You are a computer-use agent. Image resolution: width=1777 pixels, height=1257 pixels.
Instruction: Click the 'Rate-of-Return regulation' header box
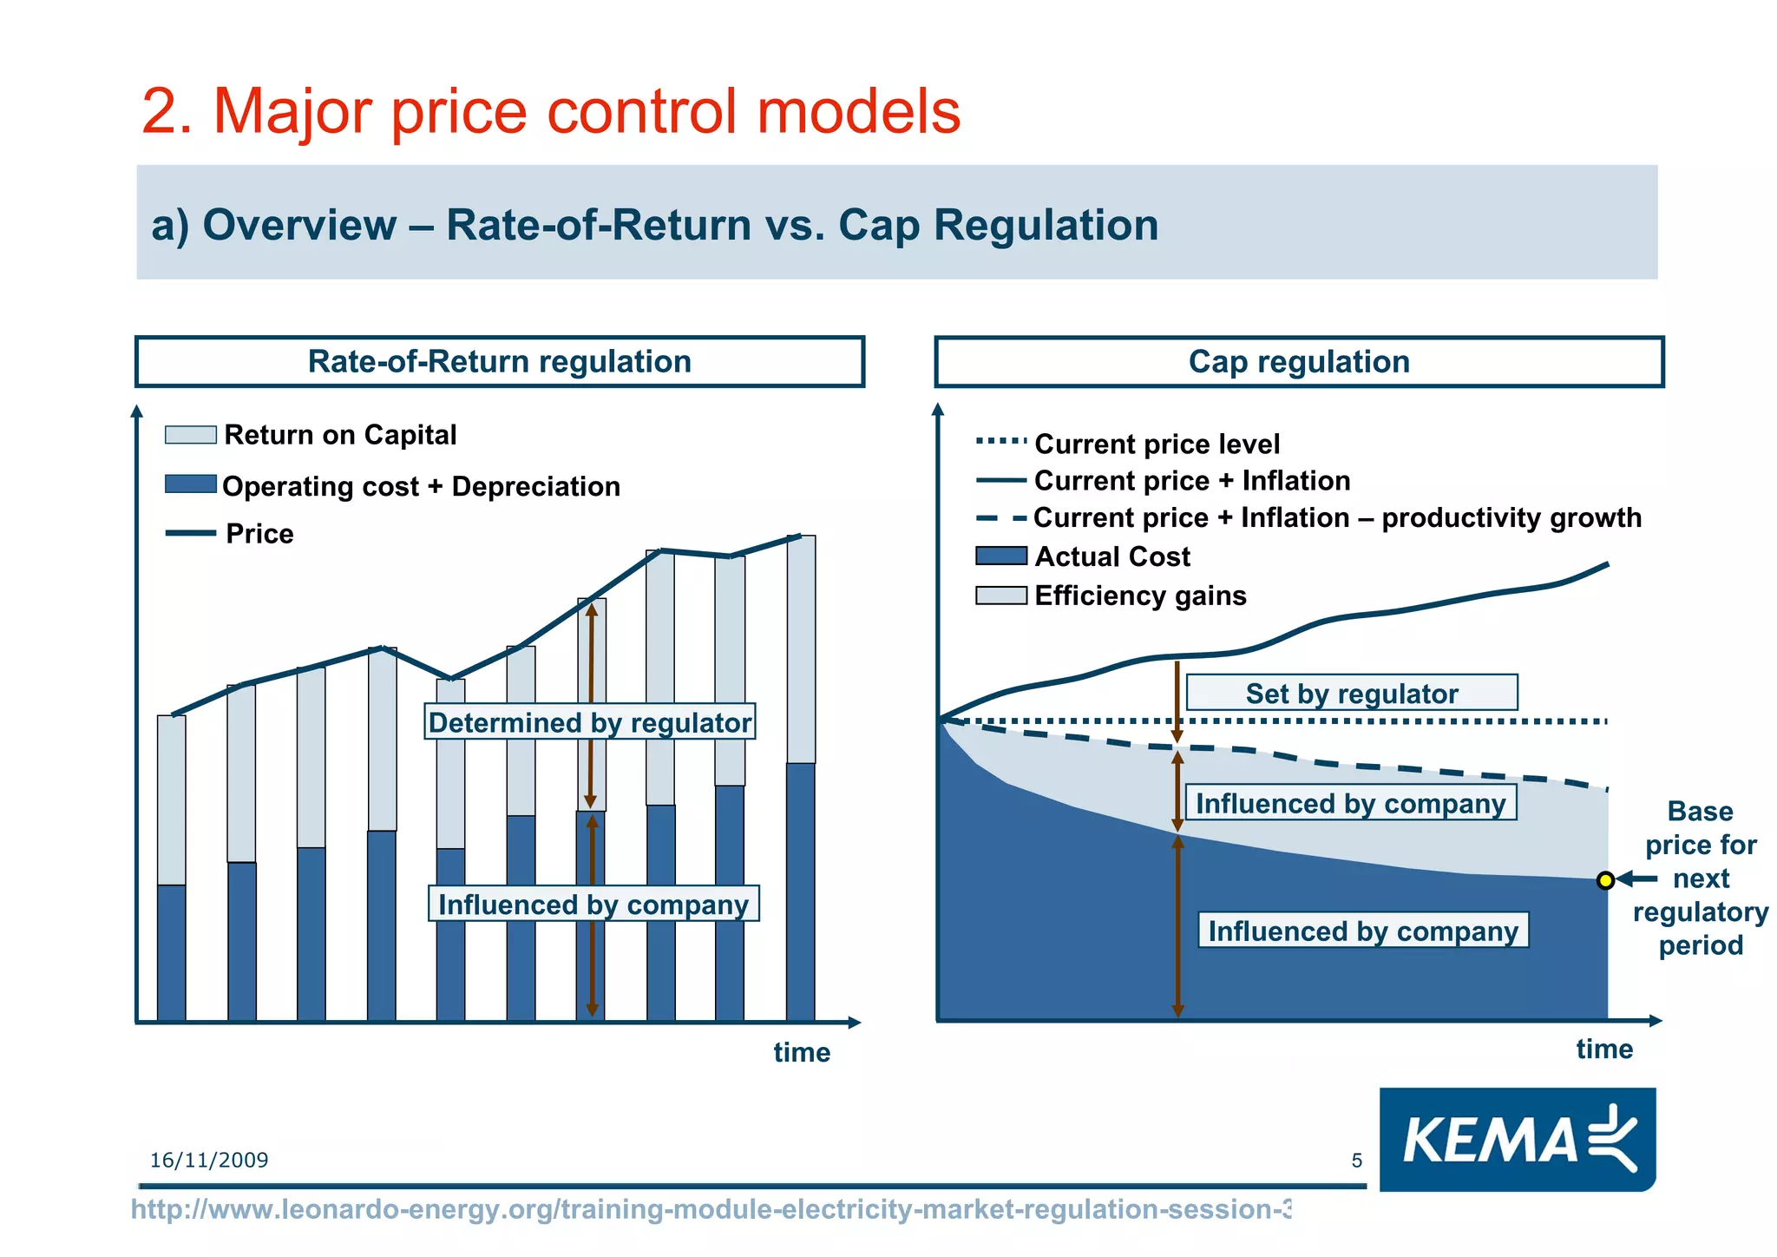point(500,361)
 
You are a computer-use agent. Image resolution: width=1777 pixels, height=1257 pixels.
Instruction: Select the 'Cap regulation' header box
point(1299,361)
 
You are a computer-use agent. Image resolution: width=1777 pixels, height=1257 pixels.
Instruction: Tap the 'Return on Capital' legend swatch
point(191,435)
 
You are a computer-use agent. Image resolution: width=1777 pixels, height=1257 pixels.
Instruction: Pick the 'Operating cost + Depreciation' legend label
point(421,486)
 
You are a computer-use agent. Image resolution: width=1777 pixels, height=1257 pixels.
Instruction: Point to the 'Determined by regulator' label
point(589,722)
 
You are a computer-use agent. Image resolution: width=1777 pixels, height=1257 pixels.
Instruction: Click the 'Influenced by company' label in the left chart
point(593,904)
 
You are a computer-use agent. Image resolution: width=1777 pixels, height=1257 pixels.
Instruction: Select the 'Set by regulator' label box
point(1351,693)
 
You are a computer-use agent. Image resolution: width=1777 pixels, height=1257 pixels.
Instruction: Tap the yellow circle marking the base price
point(1605,880)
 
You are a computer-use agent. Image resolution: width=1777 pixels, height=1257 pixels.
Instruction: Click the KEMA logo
point(1518,1139)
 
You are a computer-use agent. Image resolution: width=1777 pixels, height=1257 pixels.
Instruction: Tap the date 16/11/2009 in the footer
point(209,1160)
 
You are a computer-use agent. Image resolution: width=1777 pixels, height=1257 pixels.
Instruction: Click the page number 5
point(1357,1160)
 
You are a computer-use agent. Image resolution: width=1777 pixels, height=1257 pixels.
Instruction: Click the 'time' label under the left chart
point(802,1052)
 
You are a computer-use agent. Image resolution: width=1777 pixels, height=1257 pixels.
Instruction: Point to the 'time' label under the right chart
point(1604,1049)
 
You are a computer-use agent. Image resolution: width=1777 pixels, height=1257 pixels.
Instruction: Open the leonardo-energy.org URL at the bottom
point(711,1209)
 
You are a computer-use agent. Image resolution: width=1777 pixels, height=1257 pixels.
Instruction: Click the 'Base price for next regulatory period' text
point(1701,878)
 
